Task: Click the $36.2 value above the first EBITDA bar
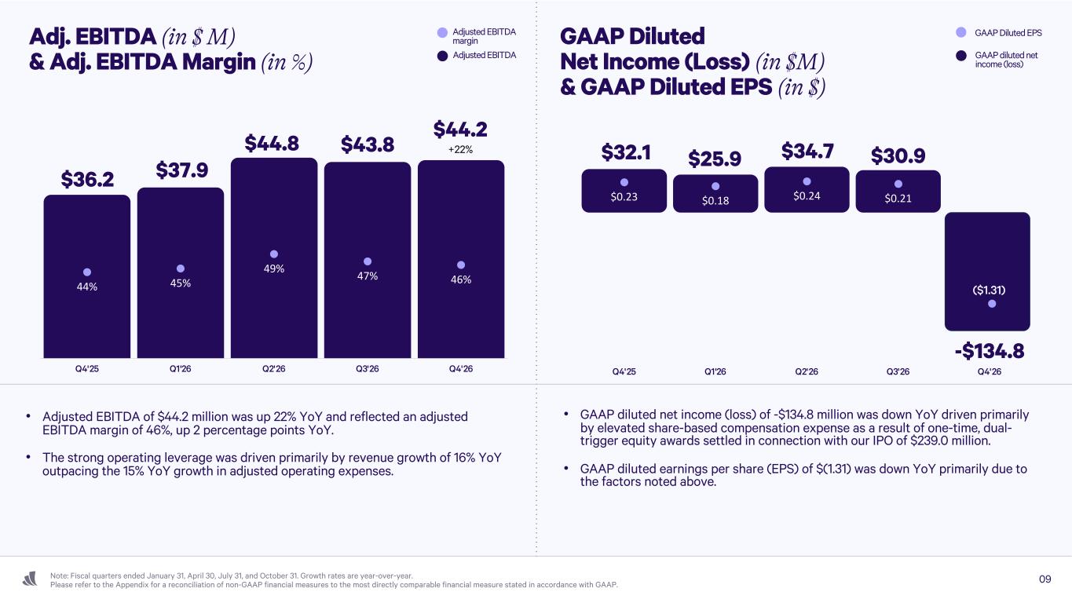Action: pos(87,180)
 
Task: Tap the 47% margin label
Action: pos(368,276)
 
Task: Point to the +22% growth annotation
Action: pos(461,149)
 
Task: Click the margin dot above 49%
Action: pos(274,254)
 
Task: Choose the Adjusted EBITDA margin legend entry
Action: pos(476,36)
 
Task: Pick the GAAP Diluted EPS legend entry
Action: pos(998,33)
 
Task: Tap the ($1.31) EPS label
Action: pos(989,290)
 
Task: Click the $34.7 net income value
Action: pos(807,150)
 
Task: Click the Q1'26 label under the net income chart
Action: pos(715,371)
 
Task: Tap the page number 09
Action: pos(1045,579)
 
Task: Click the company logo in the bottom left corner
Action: pos(30,579)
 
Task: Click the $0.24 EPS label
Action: pos(807,196)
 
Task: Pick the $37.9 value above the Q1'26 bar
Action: pos(181,170)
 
